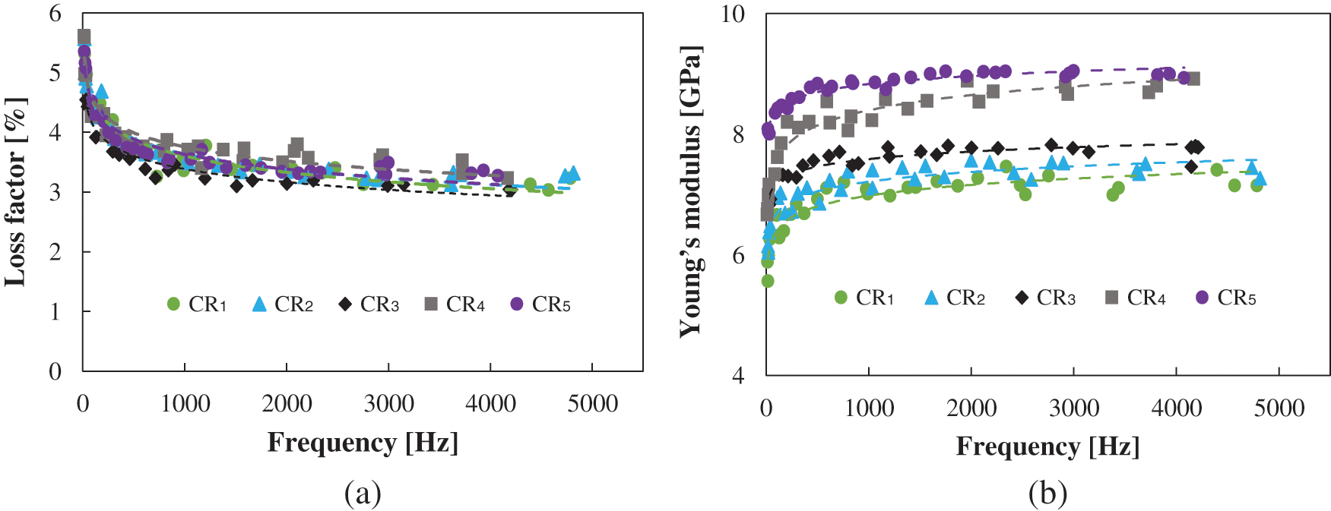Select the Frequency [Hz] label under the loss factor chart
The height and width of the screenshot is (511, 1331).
pos(363,442)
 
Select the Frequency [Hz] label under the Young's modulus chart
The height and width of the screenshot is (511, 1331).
pos(1047,446)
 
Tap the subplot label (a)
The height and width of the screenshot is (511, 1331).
pos(363,494)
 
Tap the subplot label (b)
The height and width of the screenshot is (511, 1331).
pos(1047,494)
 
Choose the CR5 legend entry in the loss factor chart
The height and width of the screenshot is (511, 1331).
pos(540,304)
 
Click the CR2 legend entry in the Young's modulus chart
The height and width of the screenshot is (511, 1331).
pos(955,298)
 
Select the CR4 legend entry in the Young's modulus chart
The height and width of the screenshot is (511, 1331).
pos(1136,298)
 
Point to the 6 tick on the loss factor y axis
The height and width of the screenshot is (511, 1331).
pos(55,14)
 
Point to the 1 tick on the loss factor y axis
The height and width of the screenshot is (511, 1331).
pos(55,311)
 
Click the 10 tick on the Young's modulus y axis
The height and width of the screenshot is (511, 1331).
pos(733,14)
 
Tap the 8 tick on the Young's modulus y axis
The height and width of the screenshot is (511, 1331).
pos(738,134)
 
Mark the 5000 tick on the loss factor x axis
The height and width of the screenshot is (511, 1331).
pos(592,403)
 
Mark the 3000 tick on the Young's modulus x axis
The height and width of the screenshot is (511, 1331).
pos(1074,408)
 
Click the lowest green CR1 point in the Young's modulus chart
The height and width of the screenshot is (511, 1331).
pos(768,281)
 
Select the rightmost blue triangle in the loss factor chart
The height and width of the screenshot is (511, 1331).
pos(573,173)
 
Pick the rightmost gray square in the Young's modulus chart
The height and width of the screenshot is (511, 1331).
pos(1193,78)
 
